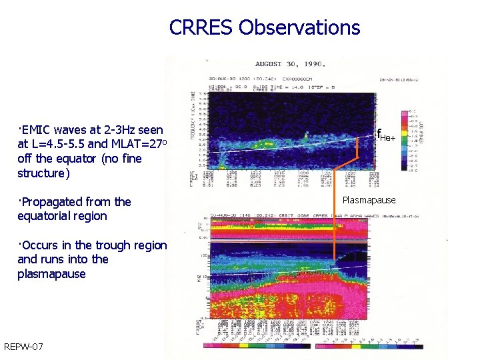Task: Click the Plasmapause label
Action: pos(369,200)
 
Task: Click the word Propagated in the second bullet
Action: pos(54,202)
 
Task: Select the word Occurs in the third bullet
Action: pos(41,245)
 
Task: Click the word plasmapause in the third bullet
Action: pos(51,274)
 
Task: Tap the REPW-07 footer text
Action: pos(23,347)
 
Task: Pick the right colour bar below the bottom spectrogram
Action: pos(368,346)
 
